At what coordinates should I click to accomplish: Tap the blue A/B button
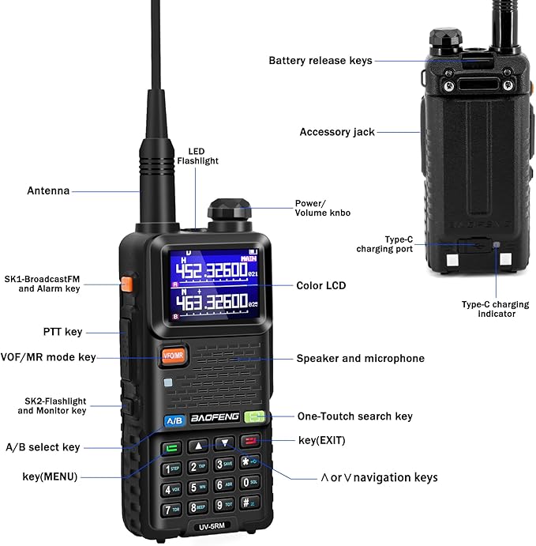174,420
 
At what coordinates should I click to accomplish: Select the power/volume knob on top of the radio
229,213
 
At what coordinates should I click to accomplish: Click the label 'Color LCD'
320,286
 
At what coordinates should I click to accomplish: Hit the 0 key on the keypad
249,484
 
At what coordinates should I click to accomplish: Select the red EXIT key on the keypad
252,443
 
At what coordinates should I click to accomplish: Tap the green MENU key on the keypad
171,449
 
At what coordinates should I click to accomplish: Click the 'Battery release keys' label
320,60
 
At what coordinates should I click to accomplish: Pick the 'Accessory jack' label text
337,132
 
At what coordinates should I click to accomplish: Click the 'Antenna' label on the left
48,190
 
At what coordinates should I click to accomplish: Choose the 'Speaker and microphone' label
360,359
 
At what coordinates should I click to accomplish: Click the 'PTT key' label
62,332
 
